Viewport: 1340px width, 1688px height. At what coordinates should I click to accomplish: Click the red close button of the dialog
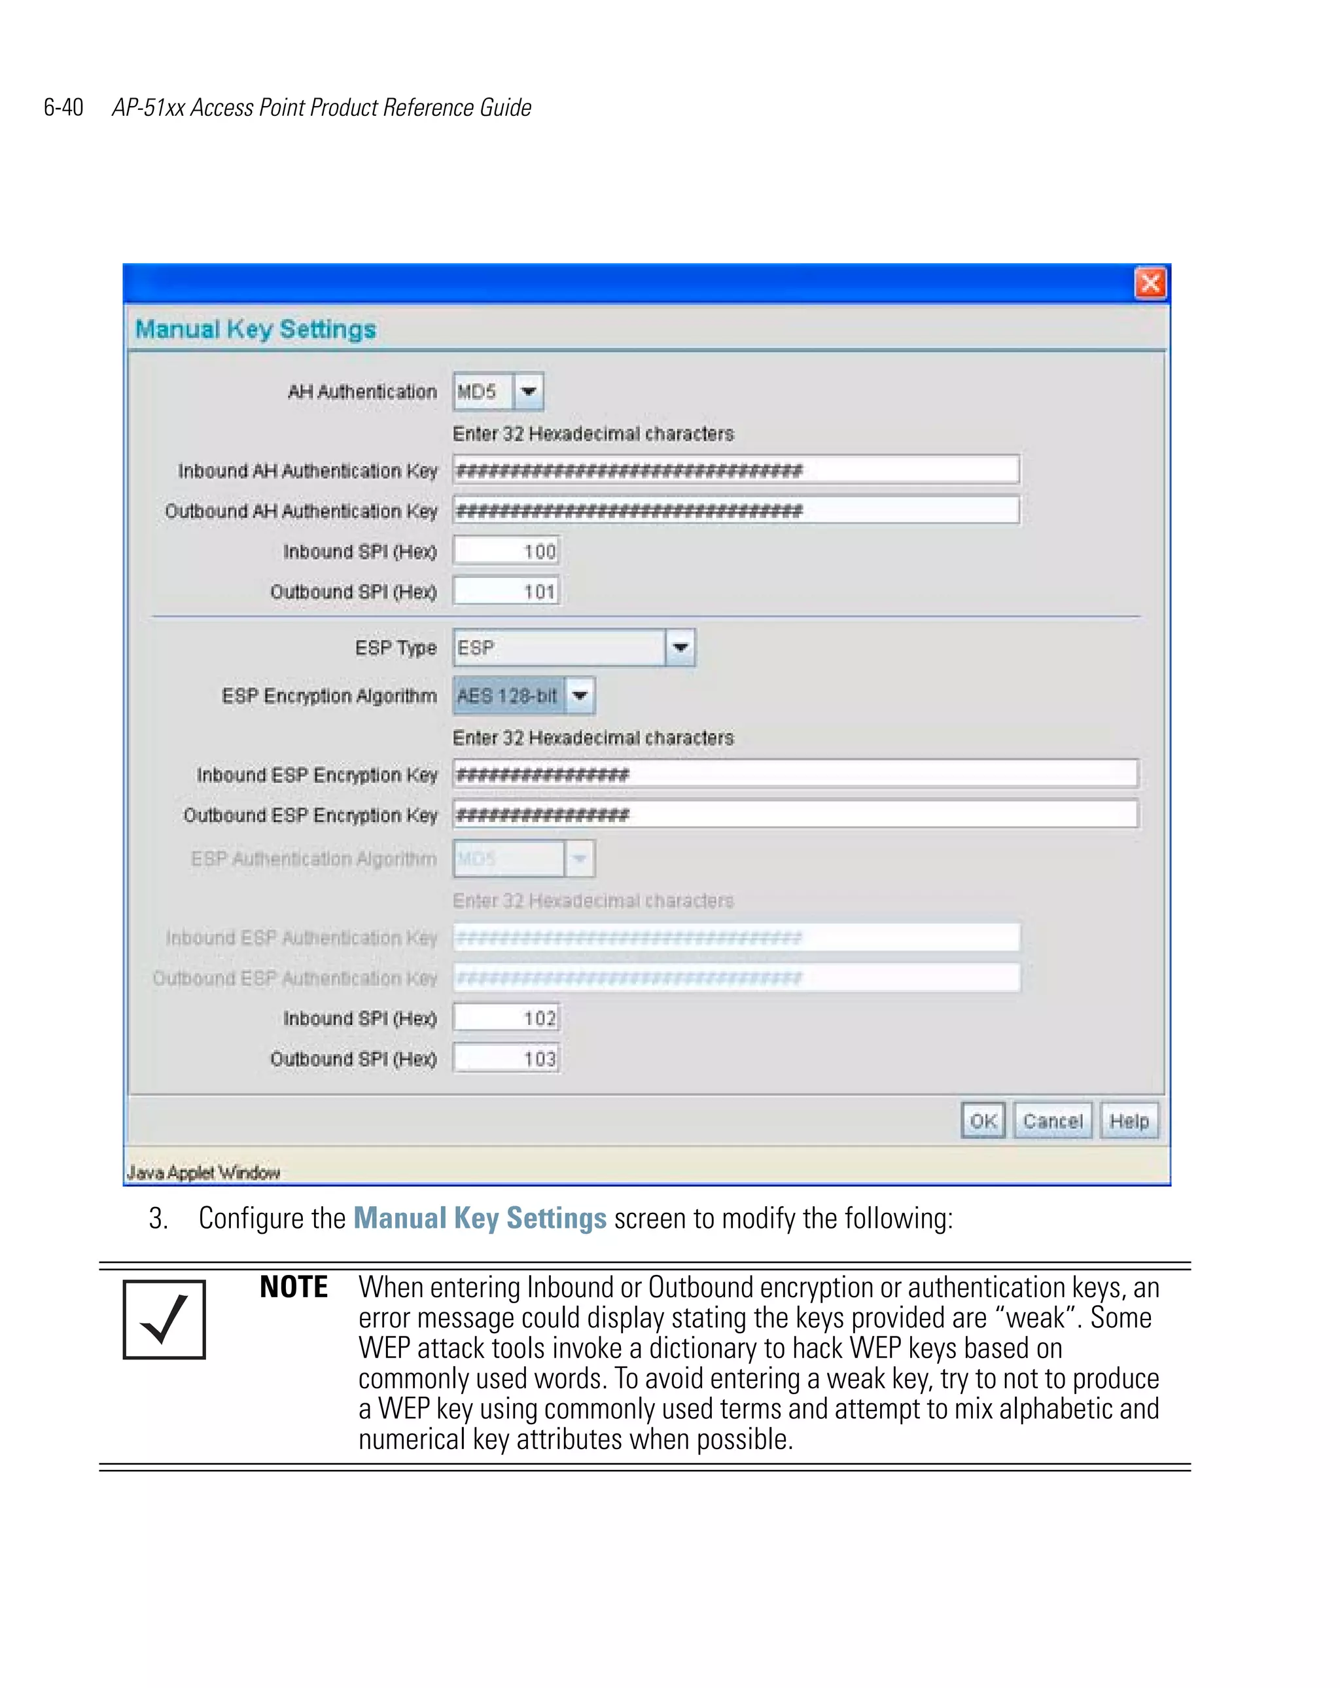[1150, 283]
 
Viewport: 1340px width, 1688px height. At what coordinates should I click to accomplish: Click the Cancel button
[1052, 1121]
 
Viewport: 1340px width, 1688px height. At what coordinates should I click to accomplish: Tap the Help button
[1129, 1121]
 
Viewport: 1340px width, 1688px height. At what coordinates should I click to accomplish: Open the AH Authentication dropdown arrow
[528, 391]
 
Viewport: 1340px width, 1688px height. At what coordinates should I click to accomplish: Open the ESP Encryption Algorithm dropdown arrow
[580, 695]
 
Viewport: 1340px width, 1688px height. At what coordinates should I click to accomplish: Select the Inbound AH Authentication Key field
[735, 470]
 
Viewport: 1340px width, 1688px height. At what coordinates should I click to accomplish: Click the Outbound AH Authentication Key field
[735, 511]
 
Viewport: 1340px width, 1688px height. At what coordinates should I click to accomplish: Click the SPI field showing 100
[506, 551]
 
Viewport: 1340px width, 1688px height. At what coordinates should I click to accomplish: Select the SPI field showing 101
[506, 591]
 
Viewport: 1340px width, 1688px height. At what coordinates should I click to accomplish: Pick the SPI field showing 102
[506, 1018]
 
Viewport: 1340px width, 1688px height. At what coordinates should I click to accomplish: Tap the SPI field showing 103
[506, 1058]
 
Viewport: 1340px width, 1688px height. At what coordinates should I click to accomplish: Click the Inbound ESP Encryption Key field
[794, 774]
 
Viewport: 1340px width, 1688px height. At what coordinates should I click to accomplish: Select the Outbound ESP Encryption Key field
[794, 814]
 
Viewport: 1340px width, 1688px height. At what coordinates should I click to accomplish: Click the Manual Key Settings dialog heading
[256, 329]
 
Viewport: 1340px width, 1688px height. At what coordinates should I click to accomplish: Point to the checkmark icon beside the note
[164, 1320]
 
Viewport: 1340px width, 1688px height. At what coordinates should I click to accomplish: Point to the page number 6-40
[63, 107]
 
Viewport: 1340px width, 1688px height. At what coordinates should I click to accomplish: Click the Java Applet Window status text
[203, 1172]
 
